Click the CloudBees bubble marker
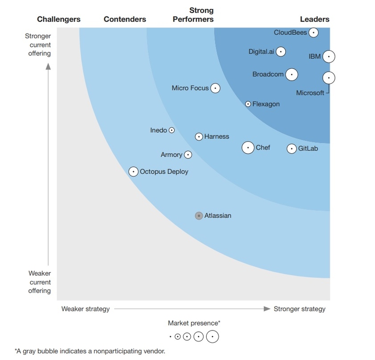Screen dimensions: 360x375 click(x=314, y=33)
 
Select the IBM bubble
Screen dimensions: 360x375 click(x=329, y=57)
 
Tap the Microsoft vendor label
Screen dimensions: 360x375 click(x=310, y=93)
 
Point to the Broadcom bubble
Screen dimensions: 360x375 click(x=292, y=75)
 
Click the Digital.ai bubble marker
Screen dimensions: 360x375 click(x=280, y=51)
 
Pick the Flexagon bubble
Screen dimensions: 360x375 click(x=248, y=104)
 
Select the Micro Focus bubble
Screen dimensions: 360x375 click(x=215, y=88)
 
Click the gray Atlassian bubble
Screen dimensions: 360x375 click(x=199, y=216)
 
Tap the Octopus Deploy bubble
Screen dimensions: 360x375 click(x=133, y=172)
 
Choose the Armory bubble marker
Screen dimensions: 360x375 click(x=188, y=155)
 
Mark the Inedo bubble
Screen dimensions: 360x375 click(x=171, y=130)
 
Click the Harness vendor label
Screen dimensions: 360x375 click(x=217, y=137)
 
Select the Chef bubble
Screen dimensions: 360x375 click(x=248, y=147)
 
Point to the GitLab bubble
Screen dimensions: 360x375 click(x=292, y=149)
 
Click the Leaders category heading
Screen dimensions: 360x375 click(x=315, y=19)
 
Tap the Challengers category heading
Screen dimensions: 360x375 click(x=59, y=19)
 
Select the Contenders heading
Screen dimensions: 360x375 click(x=125, y=19)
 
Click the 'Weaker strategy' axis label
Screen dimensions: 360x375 click(x=85, y=309)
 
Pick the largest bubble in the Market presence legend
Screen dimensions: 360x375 click(x=212, y=336)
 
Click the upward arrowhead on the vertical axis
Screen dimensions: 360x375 click(x=48, y=67)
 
